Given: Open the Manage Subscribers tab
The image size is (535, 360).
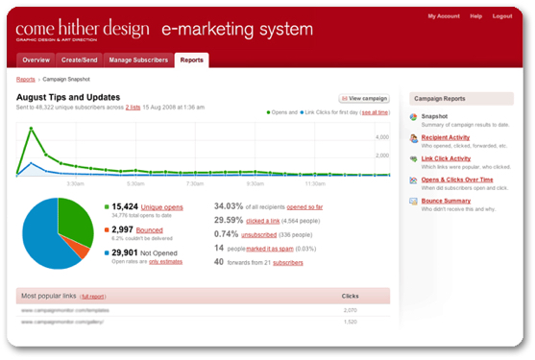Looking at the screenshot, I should pos(138,60).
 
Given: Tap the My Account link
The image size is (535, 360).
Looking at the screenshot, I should pos(443,16).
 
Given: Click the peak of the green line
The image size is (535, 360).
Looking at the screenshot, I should pos(31,128).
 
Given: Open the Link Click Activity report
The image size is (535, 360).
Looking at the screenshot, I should pos(446,157).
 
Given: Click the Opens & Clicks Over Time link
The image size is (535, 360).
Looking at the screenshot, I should pos(458,179).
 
